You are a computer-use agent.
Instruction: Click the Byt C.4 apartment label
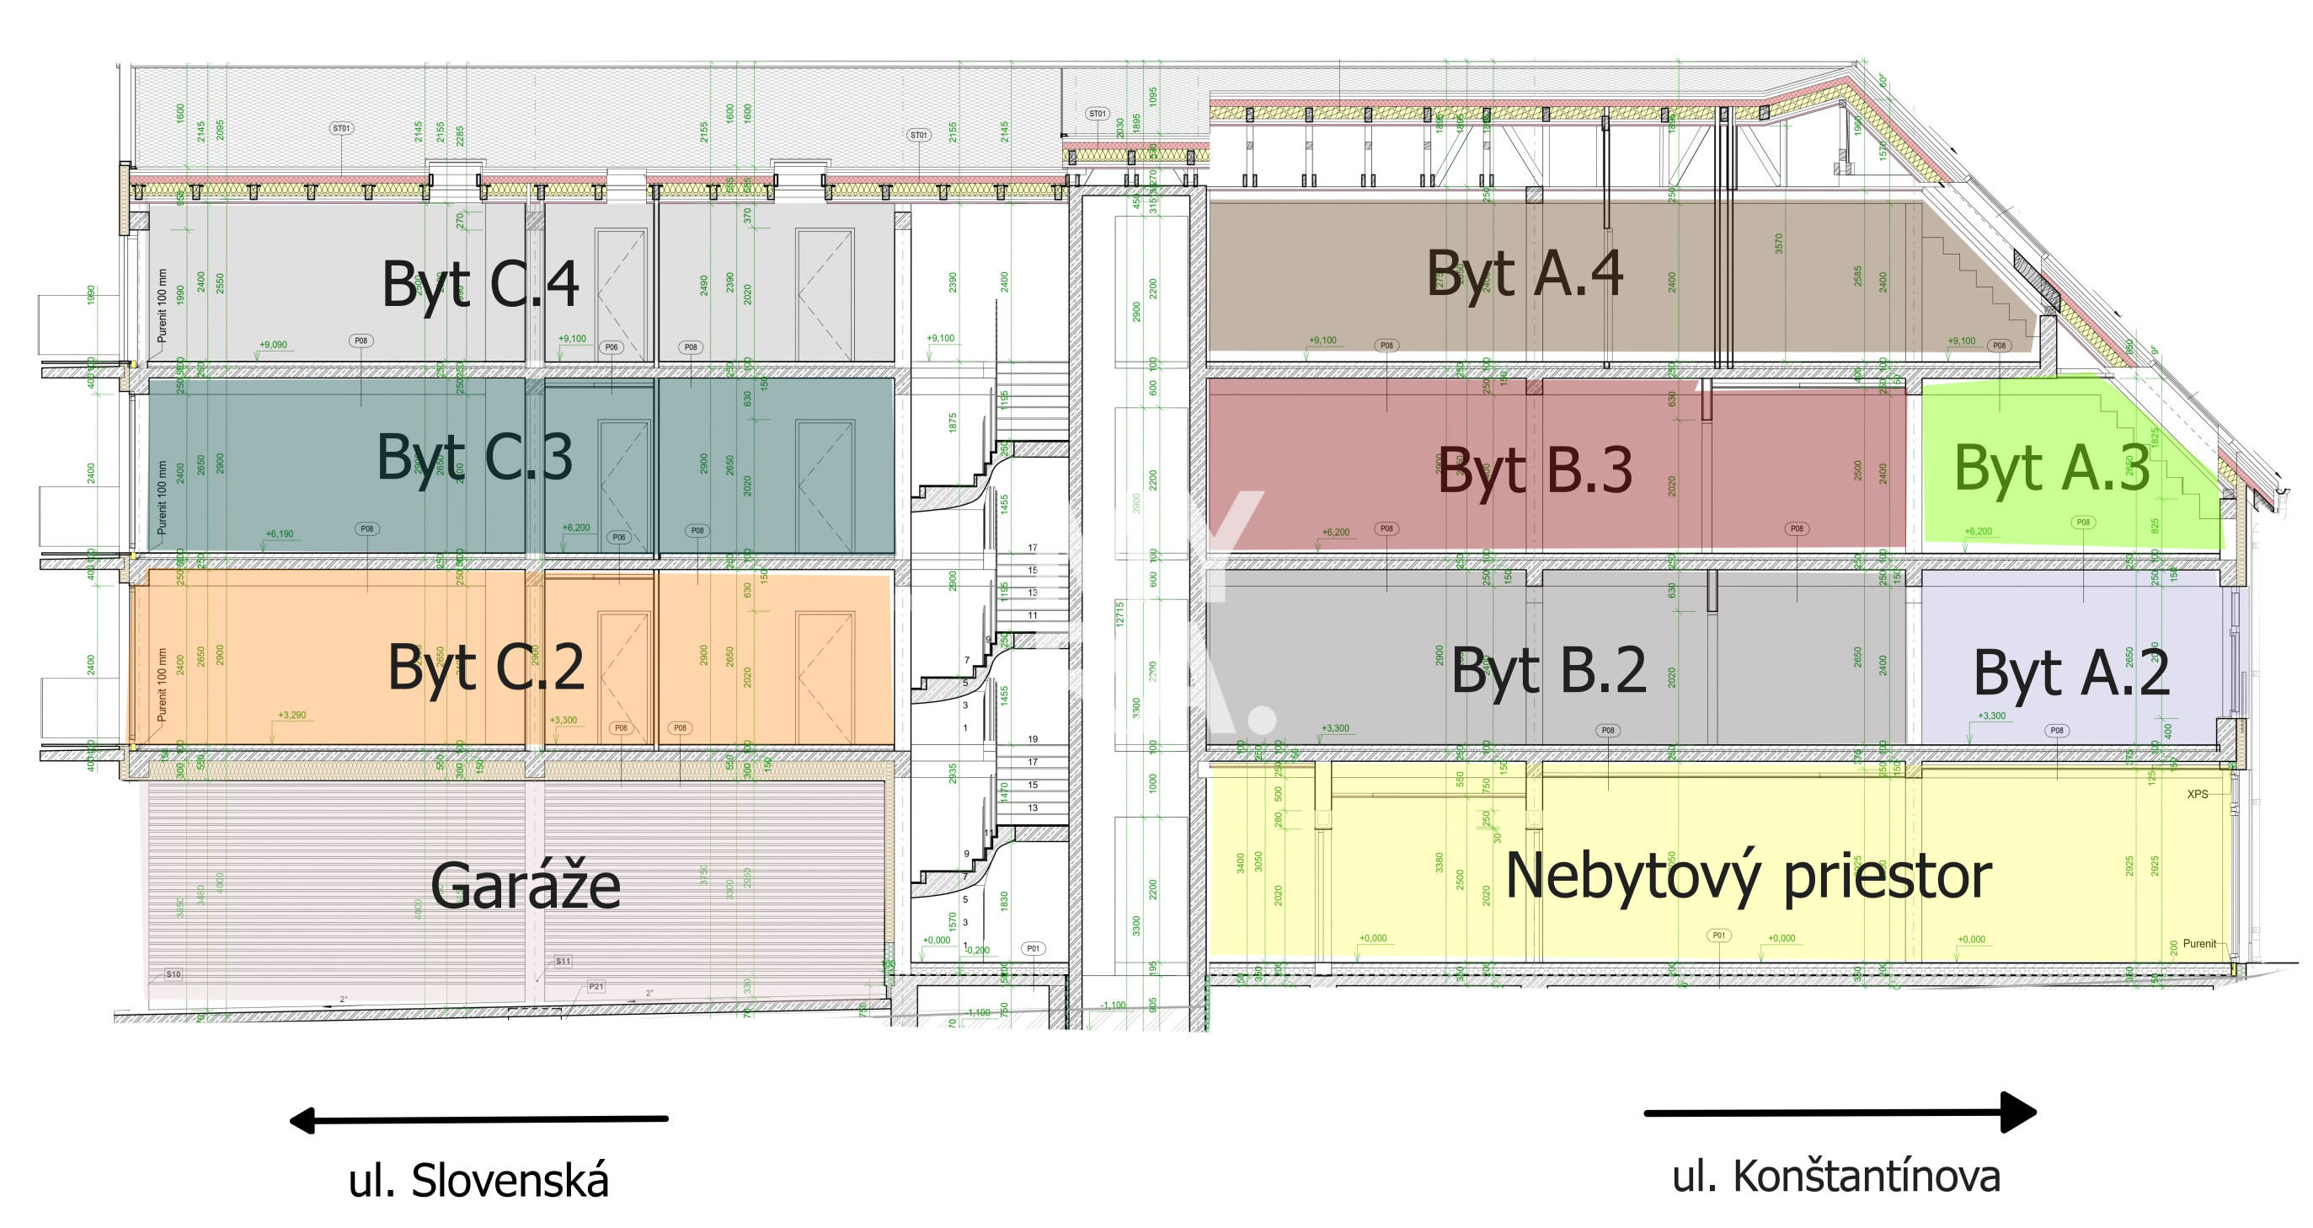point(480,285)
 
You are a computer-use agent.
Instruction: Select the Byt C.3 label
point(474,458)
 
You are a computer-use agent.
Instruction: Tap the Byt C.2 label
point(486,668)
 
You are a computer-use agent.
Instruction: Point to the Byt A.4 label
point(1525,273)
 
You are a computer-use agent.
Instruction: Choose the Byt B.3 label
point(1535,469)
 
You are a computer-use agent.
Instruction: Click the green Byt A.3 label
point(2052,468)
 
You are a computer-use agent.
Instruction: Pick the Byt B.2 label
point(1549,670)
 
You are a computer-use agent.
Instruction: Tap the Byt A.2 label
point(2071,673)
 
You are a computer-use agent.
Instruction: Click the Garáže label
point(526,886)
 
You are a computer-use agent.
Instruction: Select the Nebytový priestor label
point(1748,876)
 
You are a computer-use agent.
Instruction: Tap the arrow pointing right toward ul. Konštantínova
point(1840,1113)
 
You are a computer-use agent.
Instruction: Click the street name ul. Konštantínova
point(1836,1176)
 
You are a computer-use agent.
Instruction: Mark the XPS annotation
point(2197,794)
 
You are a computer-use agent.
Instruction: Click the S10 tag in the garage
point(174,973)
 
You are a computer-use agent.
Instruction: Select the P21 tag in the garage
point(596,986)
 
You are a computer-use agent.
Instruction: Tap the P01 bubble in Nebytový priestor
point(1718,936)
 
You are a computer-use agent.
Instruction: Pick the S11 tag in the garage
point(563,961)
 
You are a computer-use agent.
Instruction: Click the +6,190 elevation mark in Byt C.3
point(280,534)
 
